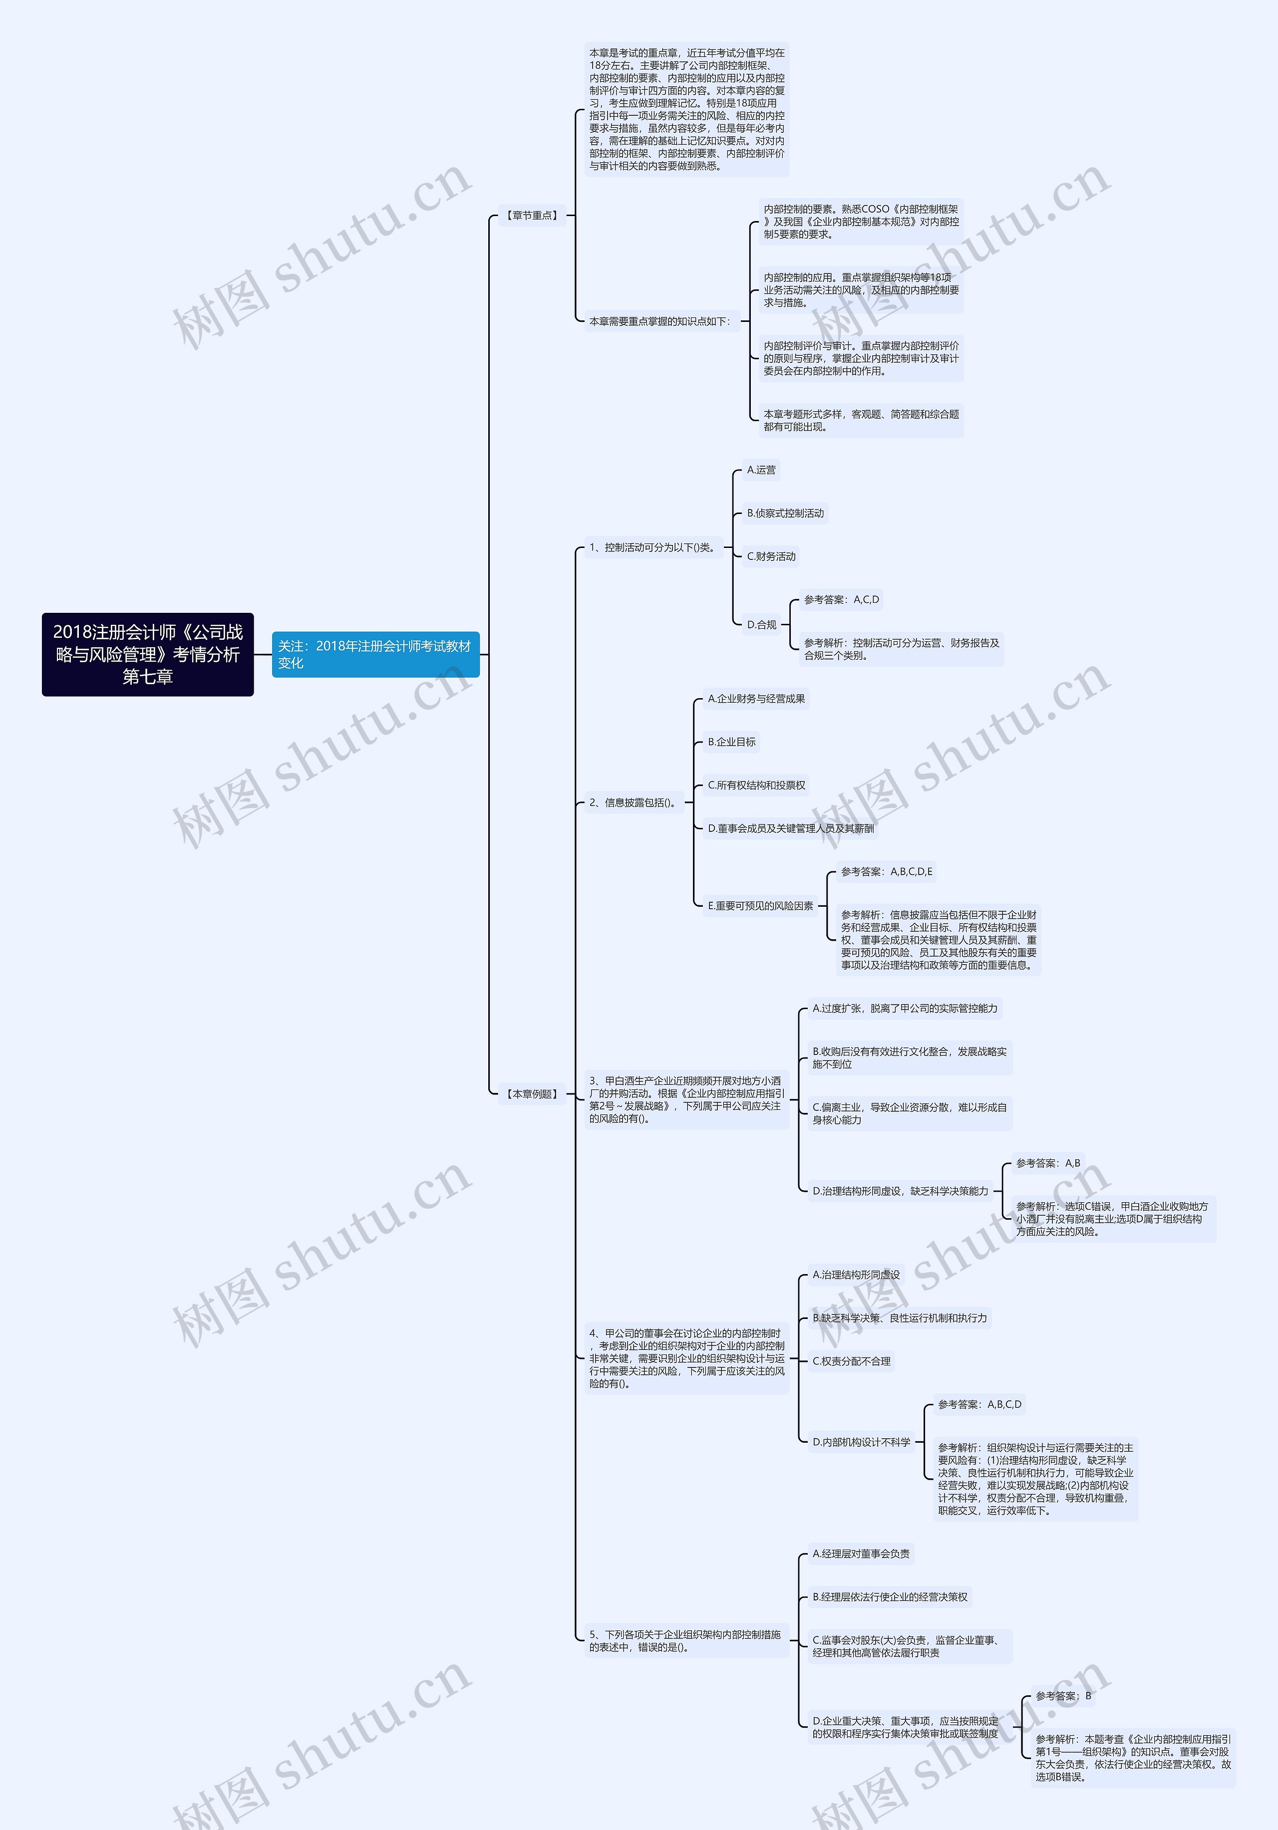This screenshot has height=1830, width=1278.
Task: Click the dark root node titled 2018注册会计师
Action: coord(147,654)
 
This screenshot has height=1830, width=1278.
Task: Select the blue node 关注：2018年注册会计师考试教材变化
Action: coord(375,654)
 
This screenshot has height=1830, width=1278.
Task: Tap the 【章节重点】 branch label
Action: coord(532,215)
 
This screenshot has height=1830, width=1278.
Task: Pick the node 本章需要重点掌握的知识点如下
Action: coord(660,321)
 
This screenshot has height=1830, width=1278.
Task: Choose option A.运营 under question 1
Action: coord(761,470)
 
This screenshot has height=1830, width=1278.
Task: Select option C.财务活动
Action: coord(771,556)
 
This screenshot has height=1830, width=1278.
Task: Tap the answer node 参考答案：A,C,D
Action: coord(841,599)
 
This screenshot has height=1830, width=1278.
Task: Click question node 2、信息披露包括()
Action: coord(634,802)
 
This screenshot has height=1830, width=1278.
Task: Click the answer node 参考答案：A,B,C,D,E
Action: coord(886,871)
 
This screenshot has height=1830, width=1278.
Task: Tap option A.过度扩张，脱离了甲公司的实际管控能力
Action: coord(904,1008)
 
